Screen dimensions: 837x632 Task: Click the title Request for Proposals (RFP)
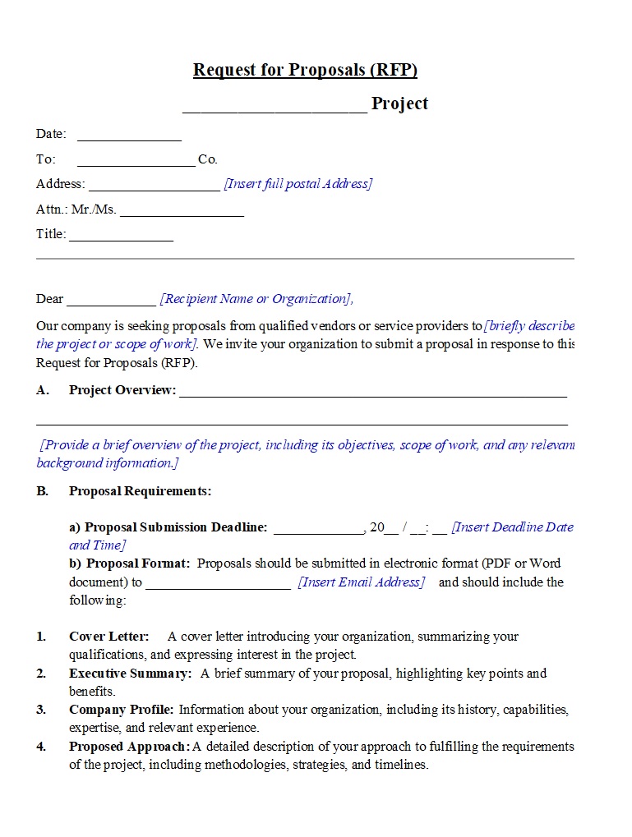pyautogui.click(x=305, y=70)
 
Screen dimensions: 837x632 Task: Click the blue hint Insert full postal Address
pyautogui.click(x=298, y=184)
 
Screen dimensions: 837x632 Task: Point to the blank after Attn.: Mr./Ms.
pyautogui.click(x=182, y=211)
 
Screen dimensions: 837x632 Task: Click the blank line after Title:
pyautogui.click(x=122, y=236)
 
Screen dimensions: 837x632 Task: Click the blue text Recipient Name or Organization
pyautogui.click(x=256, y=299)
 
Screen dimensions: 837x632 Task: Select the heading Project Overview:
pyautogui.click(x=122, y=390)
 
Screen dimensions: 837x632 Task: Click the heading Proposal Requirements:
pyautogui.click(x=140, y=491)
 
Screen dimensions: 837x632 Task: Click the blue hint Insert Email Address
pyautogui.click(x=362, y=582)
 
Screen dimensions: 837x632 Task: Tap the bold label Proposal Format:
pyautogui.click(x=138, y=563)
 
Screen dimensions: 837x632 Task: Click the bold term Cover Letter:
pyautogui.click(x=109, y=637)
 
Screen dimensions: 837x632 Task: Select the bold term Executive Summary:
pyautogui.click(x=130, y=674)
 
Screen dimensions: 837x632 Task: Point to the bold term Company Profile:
pyautogui.click(x=121, y=710)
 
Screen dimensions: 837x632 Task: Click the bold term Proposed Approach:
pyautogui.click(x=129, y=747)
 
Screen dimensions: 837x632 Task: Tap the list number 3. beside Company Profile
pyautogui.click(x=41, y=710)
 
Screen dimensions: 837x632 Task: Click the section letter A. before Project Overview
pyautogui.click(x=43, y=390)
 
